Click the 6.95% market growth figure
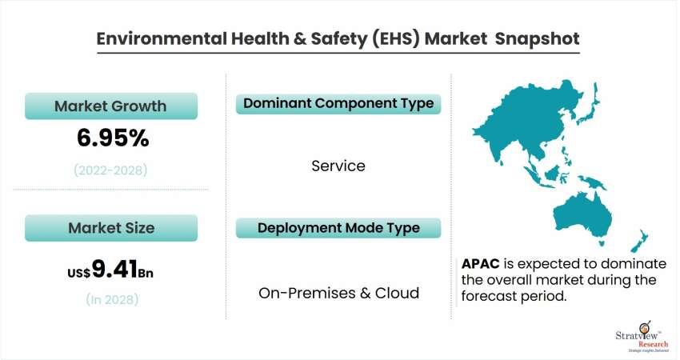(x=113, y=138)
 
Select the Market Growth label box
(x=111, y=106)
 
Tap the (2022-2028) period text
(x=110, y=170)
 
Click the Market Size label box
(x=111, y=228)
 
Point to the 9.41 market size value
(x=115, y=269)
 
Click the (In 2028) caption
(x=112, y=299)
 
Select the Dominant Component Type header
(x=338, y=104)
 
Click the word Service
(x=338, y=166)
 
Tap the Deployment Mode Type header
(x=338, y=228)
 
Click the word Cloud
(x=397, y=293)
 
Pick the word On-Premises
(x=307, y=293)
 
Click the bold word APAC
(x=481, y=264)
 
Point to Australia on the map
(x=582, y=217)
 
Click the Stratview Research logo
(x=642, y=338)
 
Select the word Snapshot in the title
(x=537, y=38)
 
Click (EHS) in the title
(x=395, y=38)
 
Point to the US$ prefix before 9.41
(x=79, y=273)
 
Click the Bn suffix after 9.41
(x=146, y=273)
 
